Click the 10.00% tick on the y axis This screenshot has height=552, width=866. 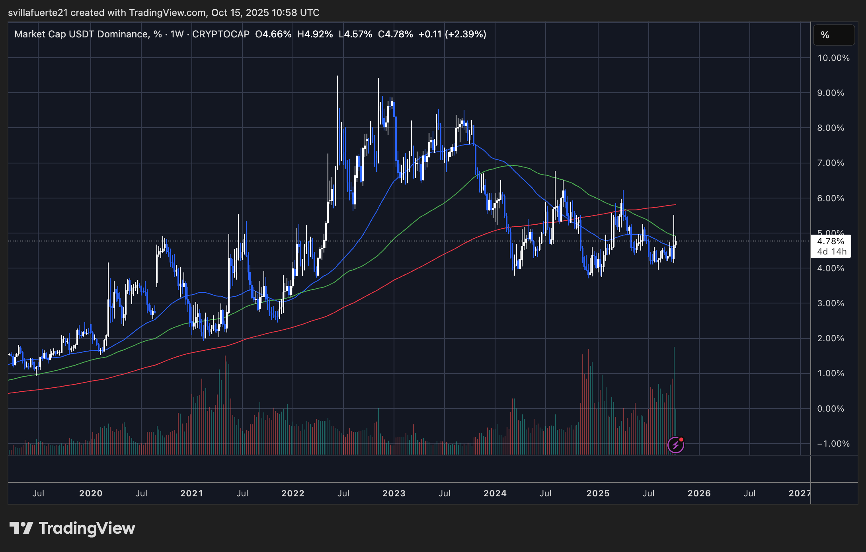(x=833, y=58)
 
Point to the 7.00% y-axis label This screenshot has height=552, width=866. (x=831, y=163)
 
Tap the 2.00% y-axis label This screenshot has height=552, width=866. (x=831, y=338)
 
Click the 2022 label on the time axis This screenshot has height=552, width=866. (x=293, y=494)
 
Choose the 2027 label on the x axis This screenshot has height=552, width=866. (x=800, y=494)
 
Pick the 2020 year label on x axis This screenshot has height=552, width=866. (x=91, y=494)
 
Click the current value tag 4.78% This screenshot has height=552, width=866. (x=831, y=241)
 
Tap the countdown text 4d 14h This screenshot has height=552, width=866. (x=832, y=252)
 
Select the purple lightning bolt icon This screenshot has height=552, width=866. (x=675, y=445)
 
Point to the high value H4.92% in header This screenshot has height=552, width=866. (x=315, y=34)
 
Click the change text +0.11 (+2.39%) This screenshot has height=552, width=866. (x=452, y=34)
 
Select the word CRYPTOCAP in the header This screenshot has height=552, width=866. (x=221, y=34)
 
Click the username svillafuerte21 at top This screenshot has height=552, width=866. (x=38, y=13)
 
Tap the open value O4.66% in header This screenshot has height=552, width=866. (x=273, y=34)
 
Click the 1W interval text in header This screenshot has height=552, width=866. (x=177, y=34)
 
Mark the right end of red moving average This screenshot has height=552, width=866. (x=676, y=204)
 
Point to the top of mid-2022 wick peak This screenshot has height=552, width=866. (x=337, y=76)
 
